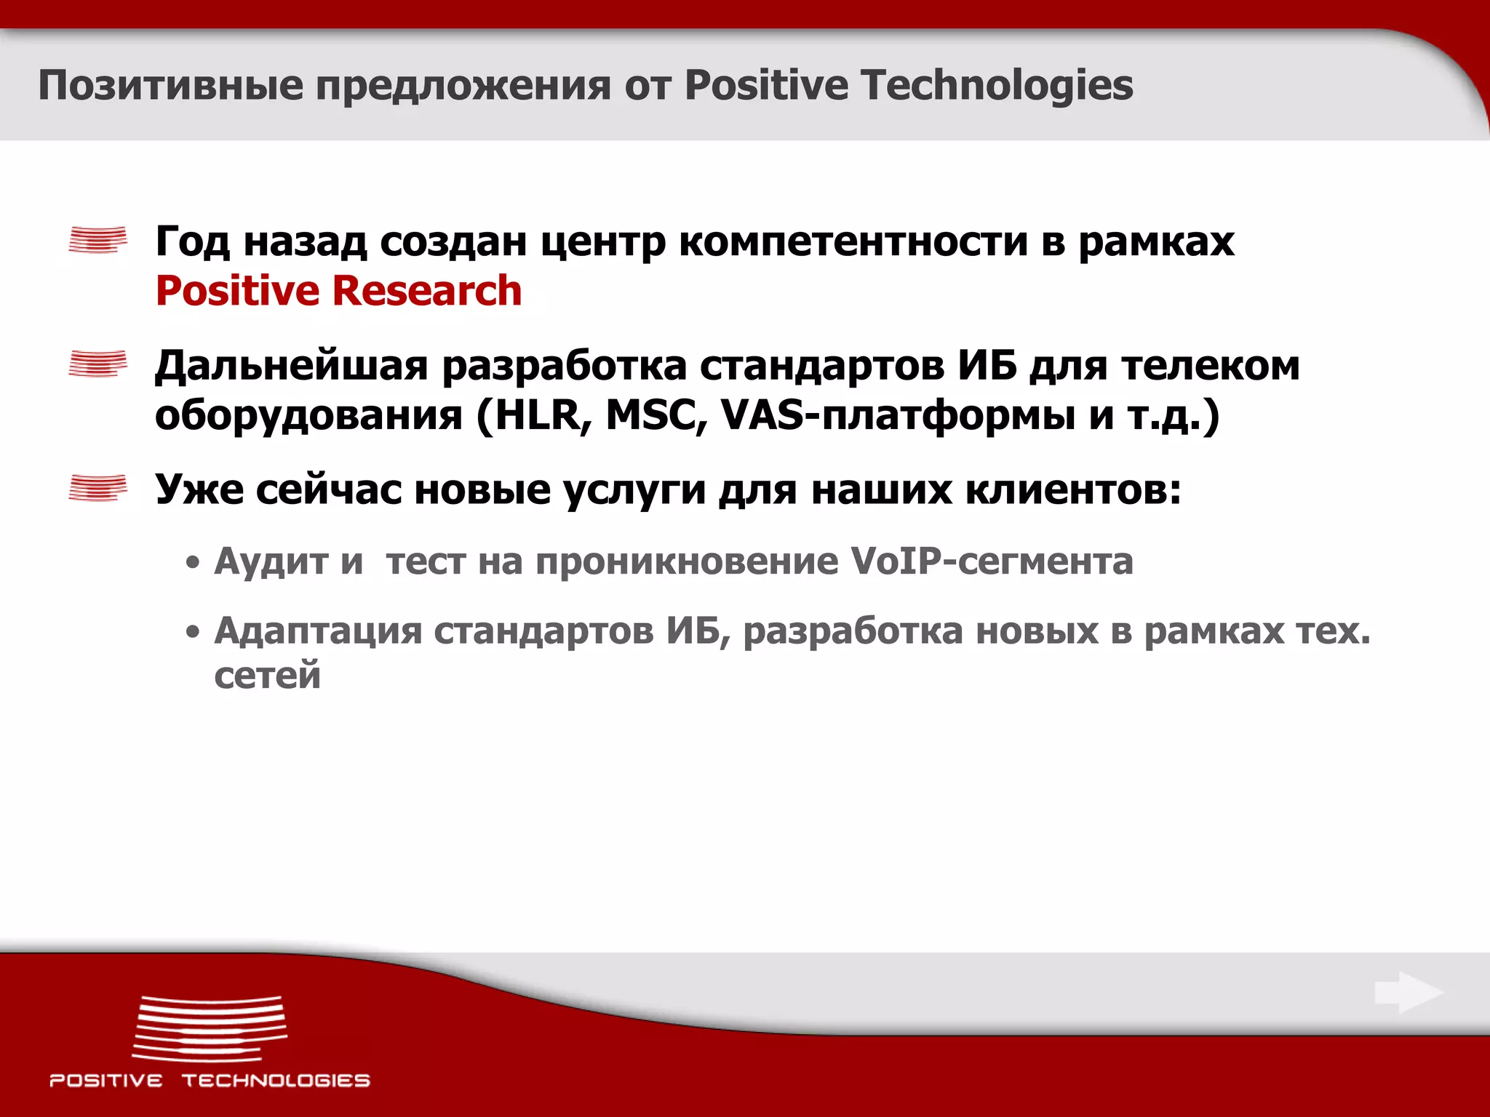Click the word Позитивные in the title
pyautogui.click(x=170, y=85)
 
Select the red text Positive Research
pyautogui.click(x=338, y=291)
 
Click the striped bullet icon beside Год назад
pyautogui.click(x=97, y=240)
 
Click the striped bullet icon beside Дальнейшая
pyautogui.click(x=97, y=364)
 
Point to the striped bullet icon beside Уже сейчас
pyautogui.click(x=97, y=487)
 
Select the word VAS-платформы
pyautogui.click(x=898, y=416)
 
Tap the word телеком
pyautogui.click(x=1211, y=366)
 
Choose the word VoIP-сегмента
pyautogui.click(x=992, y=561)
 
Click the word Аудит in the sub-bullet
pyautogui.click(x=271, y=561)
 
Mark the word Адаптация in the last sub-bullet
pyautogui.click(x=317, y=631)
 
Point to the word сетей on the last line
pyautogui.click(x=267, y=676)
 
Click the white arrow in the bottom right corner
pyautogui.click(x=1409, y=993)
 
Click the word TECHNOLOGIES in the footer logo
pyautogui.click(x=276, y=1081)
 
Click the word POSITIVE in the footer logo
pyautogui.click(x=106, y=1081)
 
